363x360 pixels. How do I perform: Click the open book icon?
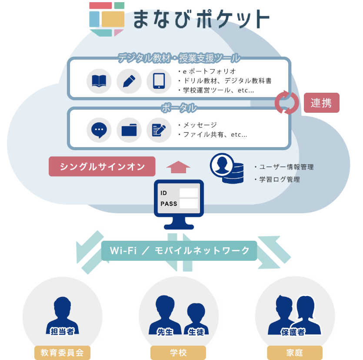click(99, 81)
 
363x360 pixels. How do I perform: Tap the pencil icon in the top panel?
click(129, 81)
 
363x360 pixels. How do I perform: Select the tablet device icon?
click(159, 81)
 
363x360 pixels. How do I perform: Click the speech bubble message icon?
click(99, 130)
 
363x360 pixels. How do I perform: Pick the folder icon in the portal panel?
click(129, 130)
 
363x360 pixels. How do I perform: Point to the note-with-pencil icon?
click(159, 130)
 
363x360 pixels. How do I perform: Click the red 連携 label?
click(321, 103)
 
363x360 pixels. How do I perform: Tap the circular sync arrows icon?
click(287, 103)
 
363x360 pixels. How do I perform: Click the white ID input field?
click(189, 192)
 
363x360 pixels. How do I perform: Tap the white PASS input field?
click(189, 203)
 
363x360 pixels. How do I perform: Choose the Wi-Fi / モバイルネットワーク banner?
click(179, 251)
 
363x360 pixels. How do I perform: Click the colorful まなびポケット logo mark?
click(107, 19)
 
